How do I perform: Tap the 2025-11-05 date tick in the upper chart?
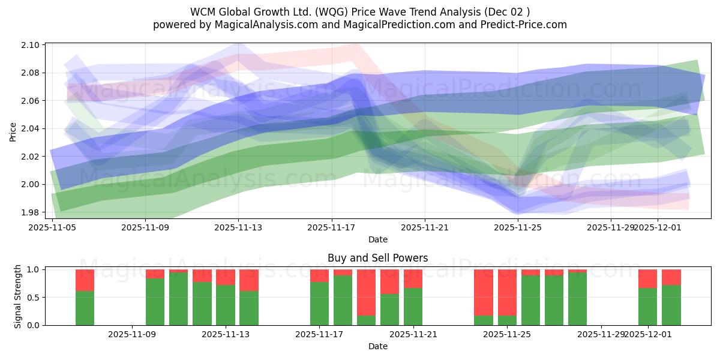pyautogui.click(x=53, y=228)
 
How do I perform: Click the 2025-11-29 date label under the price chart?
pyautogui.click(x=610, y=228)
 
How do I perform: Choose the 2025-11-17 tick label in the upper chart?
pyautogui.click(x=331, y=228)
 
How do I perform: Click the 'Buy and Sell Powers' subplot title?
pyautogui.click(x=377, y=258)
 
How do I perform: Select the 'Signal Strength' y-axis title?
pyautogui.click(x=18, y=296)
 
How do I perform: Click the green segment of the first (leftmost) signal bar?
pyautogui.click(x=85, y=308)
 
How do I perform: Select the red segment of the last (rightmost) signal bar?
pyautogui.click(x=671, y=277)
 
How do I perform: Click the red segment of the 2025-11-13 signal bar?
pyautogui.click(x=226, y=277)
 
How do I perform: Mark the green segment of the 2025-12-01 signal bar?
pyautogui.click(x=647, y=306)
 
